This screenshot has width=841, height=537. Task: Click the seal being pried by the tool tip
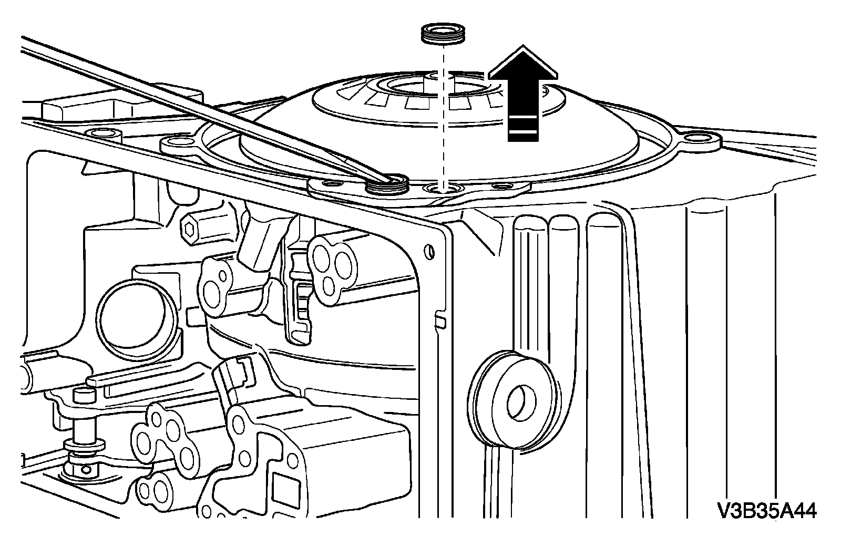(x=388, y=184)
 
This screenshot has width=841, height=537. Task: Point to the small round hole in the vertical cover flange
(x=431, y=251)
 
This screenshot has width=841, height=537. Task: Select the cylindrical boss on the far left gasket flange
(x=104, y=135)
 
